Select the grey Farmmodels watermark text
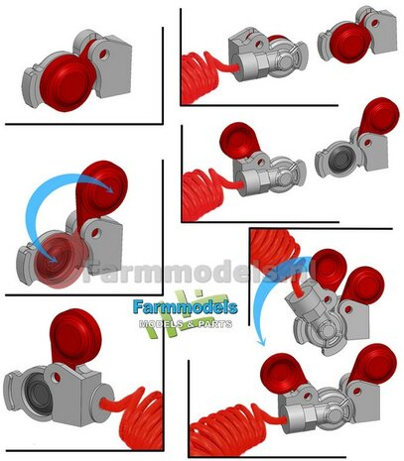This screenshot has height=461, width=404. click(x=159, y=267)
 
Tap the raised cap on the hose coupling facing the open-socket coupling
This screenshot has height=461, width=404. click(x=238, y=140)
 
